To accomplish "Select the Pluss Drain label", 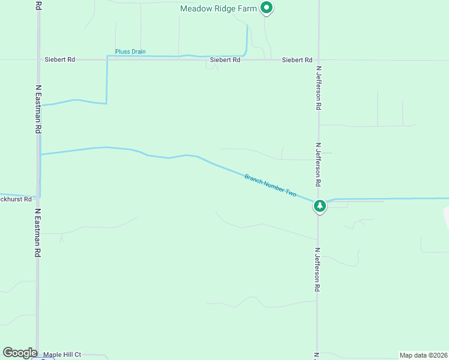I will tap(130, 52).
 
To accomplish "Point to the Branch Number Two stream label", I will tap(271, 185).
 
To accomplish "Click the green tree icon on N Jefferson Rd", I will tap(320, 206).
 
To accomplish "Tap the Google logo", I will tap(20, 353).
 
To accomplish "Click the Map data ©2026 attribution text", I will tap(423, 355).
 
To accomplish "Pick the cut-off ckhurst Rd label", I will tap(16, 199).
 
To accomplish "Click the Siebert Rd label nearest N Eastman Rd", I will tap(59, 60).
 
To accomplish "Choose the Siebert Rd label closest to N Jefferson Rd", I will tap(297, 60).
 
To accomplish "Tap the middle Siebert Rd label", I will tap(225, 60).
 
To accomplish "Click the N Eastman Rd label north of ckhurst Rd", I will tap(38, 109).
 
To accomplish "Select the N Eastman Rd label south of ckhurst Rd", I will tap(37, 233).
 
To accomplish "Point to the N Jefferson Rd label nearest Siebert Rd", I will tap(319, 87).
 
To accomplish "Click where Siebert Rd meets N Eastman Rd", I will tap(38, 60).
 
